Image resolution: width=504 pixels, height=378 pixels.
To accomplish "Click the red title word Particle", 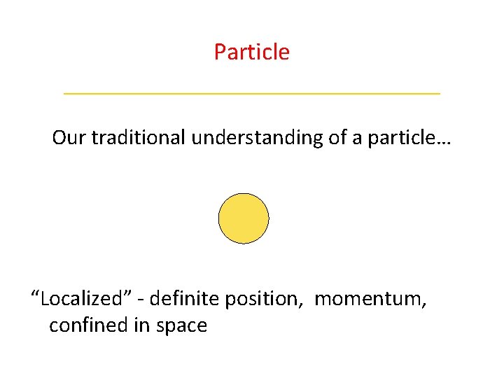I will tap(252, 52).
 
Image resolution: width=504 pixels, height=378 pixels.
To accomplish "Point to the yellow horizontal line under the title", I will tap(252, 93).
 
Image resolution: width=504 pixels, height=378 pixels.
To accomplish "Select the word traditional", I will tap(137, 137).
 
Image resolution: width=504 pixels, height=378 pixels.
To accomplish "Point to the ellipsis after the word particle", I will tap(444, 142).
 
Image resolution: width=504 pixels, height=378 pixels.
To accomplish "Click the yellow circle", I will tap(244, 218).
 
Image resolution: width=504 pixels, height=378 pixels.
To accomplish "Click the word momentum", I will tap(368, 300).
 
